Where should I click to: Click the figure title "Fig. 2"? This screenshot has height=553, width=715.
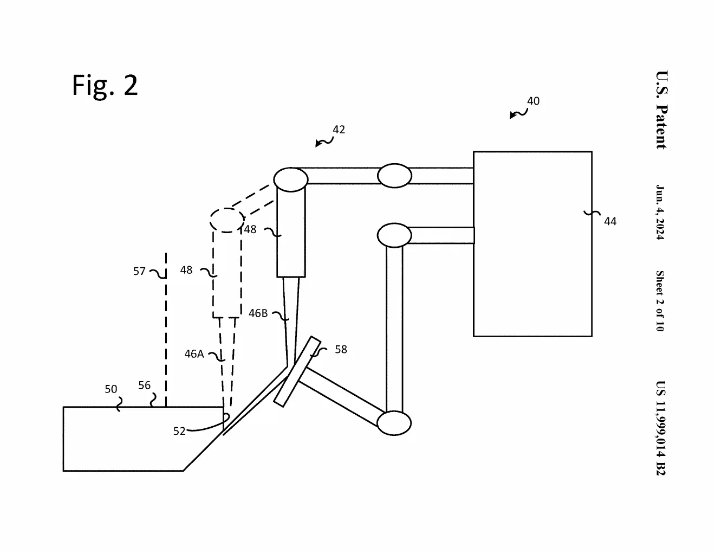105,85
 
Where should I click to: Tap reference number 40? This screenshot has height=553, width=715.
533,101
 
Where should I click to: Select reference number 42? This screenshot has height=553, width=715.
339,130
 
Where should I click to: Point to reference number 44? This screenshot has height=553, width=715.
610,221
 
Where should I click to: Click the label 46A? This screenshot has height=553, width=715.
194,353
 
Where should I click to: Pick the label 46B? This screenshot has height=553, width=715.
258,313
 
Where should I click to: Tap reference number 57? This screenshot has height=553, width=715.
139,271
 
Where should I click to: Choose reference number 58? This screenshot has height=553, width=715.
341,349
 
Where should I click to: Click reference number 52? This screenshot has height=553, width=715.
179,431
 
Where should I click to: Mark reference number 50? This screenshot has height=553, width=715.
111,389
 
